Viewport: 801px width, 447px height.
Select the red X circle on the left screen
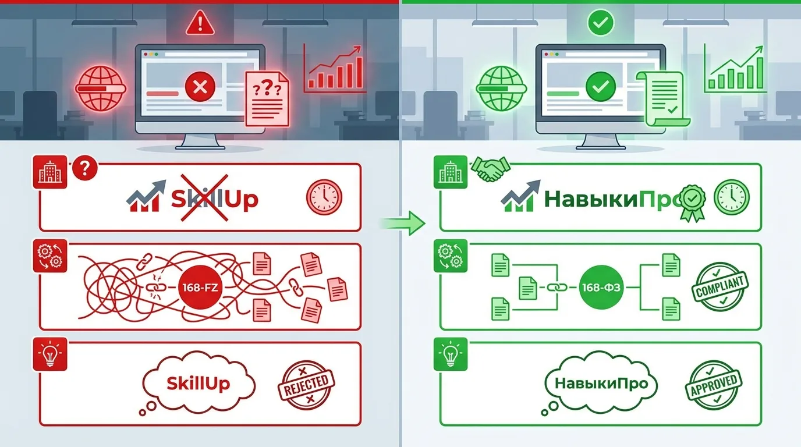(200, 88)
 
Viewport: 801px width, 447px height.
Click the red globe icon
(101, 88)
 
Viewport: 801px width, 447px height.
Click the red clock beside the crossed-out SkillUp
(324, 198)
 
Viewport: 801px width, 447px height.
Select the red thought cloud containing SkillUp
(199, 382)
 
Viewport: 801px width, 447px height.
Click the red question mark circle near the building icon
(86, 169)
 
